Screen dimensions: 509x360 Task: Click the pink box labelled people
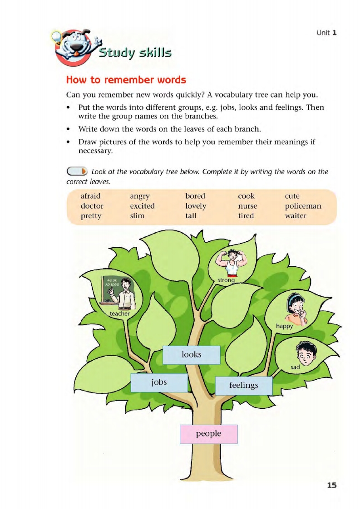tap(209, 434)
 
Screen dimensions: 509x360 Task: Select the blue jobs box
tap(159, 383)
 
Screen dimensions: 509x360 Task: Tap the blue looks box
tap(191, 355)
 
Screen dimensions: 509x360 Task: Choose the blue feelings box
tap(243, 386)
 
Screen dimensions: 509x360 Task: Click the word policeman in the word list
tap(303, 206)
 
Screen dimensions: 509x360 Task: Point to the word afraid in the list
tap(90, 196)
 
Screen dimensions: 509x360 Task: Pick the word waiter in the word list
tap(296, 216)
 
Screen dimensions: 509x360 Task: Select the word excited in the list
tap(142, 206)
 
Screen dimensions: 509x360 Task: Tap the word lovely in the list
tap(196, 206)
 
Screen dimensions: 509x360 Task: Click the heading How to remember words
tap(126, 80)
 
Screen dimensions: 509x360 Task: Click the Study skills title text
tap(135, 53)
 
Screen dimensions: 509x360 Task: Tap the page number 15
tap(332, 485)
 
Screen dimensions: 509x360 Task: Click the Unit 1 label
tap(326, 33)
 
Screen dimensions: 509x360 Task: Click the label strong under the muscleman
tap(226, 280)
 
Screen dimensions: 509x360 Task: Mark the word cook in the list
tap(246, 196)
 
